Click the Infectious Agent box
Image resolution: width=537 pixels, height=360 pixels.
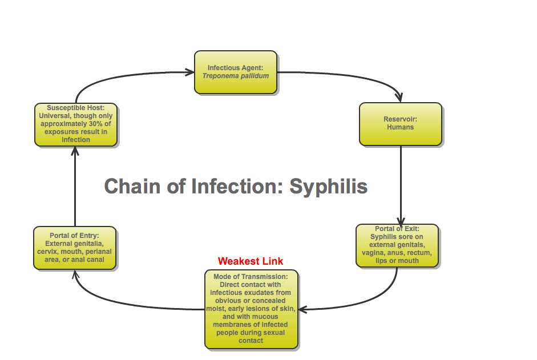tap(236, 72)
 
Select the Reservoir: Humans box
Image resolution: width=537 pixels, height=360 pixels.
tap(400, 123)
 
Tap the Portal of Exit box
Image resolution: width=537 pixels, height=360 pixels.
tap(397, 245)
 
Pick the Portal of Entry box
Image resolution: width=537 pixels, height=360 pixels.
tap(75, 248)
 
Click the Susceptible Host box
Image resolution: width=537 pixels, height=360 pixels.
tap(76, 124)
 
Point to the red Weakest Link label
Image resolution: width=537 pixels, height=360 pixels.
tap(251, 261)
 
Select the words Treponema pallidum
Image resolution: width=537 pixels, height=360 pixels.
tap(236, 75)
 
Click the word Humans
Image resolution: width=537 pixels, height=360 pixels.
tap(400, 127)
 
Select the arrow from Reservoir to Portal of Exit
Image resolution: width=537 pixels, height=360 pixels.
tap(401, 183)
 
